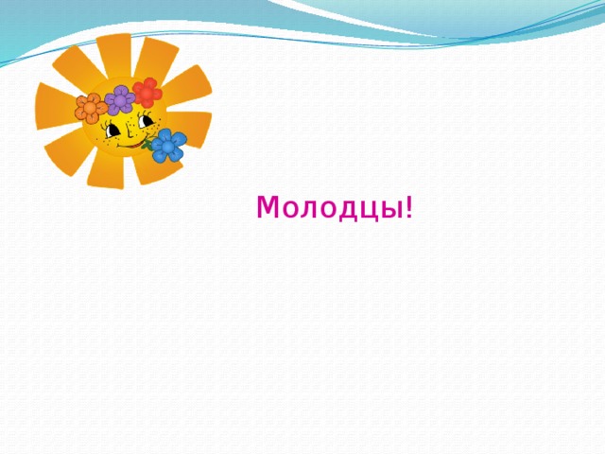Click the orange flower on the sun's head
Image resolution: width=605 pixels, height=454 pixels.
pyautogui.click(x=91, y=108)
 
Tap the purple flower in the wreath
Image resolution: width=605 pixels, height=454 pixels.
pyautogui.click(x=119, y=98)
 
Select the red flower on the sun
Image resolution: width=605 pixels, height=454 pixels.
pyautogui.click(x=147, y=92)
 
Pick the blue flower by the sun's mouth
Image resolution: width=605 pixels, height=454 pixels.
pyautogui.click(x=169, y=146)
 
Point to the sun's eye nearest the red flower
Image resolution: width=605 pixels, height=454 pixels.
pyautogui.click(x=145, y=121)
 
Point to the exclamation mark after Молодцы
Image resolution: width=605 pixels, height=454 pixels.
pyautogui.click(x=408, y=206)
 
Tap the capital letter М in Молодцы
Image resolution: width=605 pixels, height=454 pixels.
pyautogui.click(x=266, y=206)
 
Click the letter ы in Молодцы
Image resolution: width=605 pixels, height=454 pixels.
pyautogui.click(x=392, y=208)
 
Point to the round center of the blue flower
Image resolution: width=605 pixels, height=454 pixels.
pyautogui.click(x=169, y=146)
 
